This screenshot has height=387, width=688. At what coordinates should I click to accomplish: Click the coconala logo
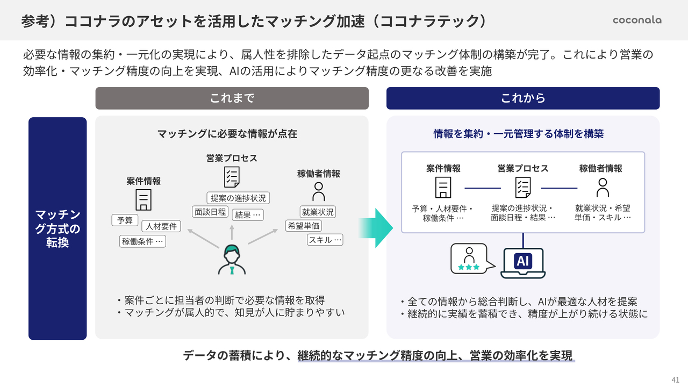(637, 20)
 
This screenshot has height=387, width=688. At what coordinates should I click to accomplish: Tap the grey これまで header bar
(232, 98)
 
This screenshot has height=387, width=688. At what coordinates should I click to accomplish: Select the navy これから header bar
(523, 98)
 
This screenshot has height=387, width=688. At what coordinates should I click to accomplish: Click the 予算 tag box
(125, 220)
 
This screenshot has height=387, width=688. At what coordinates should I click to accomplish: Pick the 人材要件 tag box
(161, 226)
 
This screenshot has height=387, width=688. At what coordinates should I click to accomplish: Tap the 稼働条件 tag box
(142, 241)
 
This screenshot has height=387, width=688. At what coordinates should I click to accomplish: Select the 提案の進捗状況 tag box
(238, 198)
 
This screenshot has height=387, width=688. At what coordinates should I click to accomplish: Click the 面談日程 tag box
(210, 212)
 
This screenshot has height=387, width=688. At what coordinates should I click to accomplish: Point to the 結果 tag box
(248, 214)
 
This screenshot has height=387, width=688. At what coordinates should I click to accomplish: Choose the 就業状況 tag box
(318, 212)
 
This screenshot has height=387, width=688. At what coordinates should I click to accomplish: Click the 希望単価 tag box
(304, 226)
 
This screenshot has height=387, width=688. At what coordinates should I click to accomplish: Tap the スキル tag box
(325, 240)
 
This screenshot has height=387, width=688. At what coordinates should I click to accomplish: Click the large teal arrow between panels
(376, 228)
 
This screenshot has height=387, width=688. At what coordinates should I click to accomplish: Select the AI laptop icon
(522, 262)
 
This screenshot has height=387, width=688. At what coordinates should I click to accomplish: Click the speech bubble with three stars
(469, 258)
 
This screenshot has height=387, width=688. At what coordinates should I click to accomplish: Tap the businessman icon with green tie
(232, 260)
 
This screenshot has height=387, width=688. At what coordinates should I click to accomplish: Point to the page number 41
(676, 378)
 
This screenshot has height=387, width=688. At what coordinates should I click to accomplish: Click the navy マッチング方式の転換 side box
(58, 228)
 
